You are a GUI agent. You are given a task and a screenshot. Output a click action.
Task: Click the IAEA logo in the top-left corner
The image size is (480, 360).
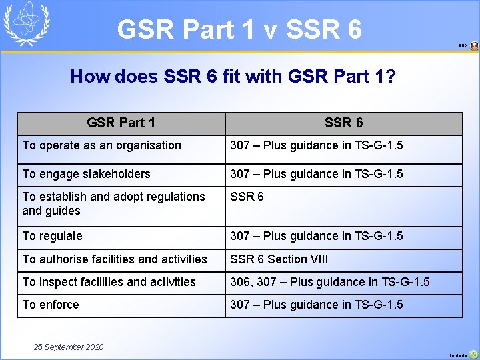[x=27, y=24]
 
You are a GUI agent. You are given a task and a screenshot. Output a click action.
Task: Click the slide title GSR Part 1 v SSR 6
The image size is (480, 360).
[x=239, y=29]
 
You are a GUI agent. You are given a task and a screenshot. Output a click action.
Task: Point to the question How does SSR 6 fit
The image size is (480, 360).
[x=233, y=77]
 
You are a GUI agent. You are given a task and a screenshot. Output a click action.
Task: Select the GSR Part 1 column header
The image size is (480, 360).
[x=121, y=123]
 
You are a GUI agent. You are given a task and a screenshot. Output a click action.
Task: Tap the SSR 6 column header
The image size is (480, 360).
[x=343, y=123]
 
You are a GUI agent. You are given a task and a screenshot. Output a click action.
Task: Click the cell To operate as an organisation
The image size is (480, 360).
[x=102, y=145]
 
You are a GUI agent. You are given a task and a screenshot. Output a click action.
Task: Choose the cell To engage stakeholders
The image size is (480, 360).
[x=87, y=174]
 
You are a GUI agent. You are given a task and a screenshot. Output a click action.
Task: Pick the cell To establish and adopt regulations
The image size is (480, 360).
[x=113, y=203]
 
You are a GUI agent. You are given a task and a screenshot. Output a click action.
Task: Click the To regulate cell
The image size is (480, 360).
[x=53, y=236]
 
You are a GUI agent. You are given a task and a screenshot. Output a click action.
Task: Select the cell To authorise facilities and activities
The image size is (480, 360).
[x=115, y=259]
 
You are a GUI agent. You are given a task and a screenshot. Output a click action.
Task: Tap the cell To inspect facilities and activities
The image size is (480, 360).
[x=109, y=282]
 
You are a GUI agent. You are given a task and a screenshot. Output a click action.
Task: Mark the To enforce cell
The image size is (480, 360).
[x=51, y=305]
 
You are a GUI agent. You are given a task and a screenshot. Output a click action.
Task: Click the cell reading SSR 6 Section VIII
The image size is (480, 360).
[x=279, y=259]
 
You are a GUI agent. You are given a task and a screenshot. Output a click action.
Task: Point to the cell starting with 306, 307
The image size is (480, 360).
[x=330, y=282]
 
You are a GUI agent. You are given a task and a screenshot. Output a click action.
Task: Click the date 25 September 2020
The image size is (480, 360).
[x=69, y=347]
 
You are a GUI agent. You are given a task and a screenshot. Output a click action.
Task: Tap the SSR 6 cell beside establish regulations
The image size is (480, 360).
[x=247, y=197]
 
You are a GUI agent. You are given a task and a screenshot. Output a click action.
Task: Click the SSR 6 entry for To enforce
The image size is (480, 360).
[x=317, y=305]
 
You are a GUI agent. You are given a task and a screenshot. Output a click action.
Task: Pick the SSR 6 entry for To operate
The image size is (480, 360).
[x=317, y=145]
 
